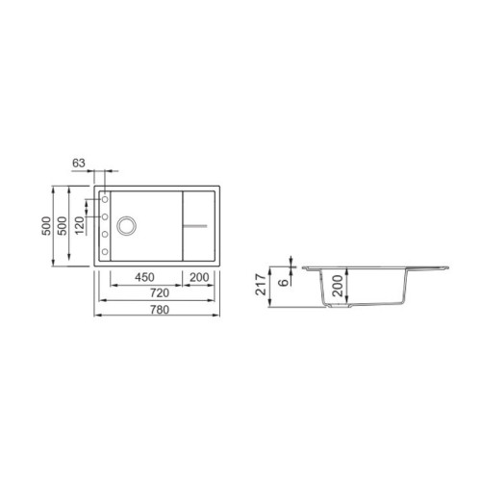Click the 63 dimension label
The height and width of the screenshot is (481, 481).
78,163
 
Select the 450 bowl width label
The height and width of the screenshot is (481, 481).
144,277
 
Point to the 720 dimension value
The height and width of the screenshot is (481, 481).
159,291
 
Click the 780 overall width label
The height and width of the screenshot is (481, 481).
159,309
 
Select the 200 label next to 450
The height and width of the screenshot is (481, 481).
201,277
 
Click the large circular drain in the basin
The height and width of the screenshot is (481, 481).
127,227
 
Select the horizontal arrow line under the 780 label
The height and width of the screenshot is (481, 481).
159,316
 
